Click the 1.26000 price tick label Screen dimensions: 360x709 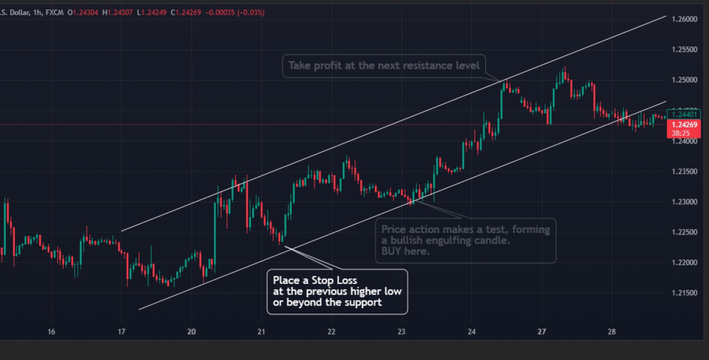tap(684, 19)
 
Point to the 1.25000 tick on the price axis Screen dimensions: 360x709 tap(684, 80)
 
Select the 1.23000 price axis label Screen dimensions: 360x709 tap(684, 202)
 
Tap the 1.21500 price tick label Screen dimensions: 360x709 tap(684, 293)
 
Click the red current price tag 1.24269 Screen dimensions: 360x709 tap(684, 125)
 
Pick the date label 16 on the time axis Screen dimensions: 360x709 tap(51, 332)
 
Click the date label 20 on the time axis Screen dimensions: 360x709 tap(191, 332)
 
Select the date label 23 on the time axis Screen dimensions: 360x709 tap(402, 332)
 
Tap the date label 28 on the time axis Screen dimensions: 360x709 tap(612, 332)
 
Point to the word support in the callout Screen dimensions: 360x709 tap(364, 302)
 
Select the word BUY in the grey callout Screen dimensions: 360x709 tap(391, 251)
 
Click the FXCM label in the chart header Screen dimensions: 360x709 tap(54, 13)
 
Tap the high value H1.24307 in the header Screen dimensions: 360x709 tap(117, 13)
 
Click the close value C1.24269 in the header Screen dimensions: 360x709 tap(186, 13)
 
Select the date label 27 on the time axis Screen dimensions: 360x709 tap(541, 332)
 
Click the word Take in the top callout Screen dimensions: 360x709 tap(299, 66)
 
